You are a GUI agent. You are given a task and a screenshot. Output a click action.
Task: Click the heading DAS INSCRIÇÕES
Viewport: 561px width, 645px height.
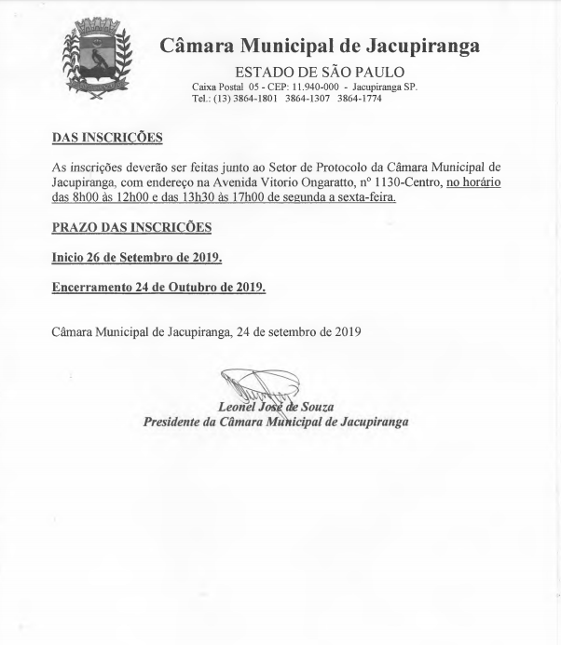(106, 139)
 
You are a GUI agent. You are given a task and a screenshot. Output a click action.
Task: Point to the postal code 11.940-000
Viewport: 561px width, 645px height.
(288, 87)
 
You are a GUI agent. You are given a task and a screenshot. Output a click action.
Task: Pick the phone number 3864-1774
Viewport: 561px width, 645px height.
(359, 99)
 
